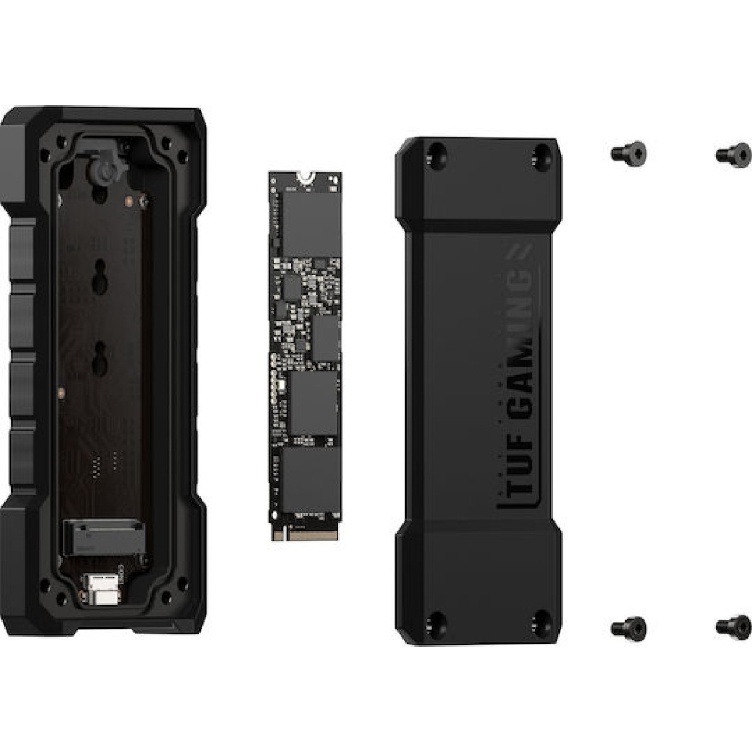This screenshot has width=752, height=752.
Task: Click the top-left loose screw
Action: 628,153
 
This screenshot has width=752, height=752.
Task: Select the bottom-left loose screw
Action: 628,627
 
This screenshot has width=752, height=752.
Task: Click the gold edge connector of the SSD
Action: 304,533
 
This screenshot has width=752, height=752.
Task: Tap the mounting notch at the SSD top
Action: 304,176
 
